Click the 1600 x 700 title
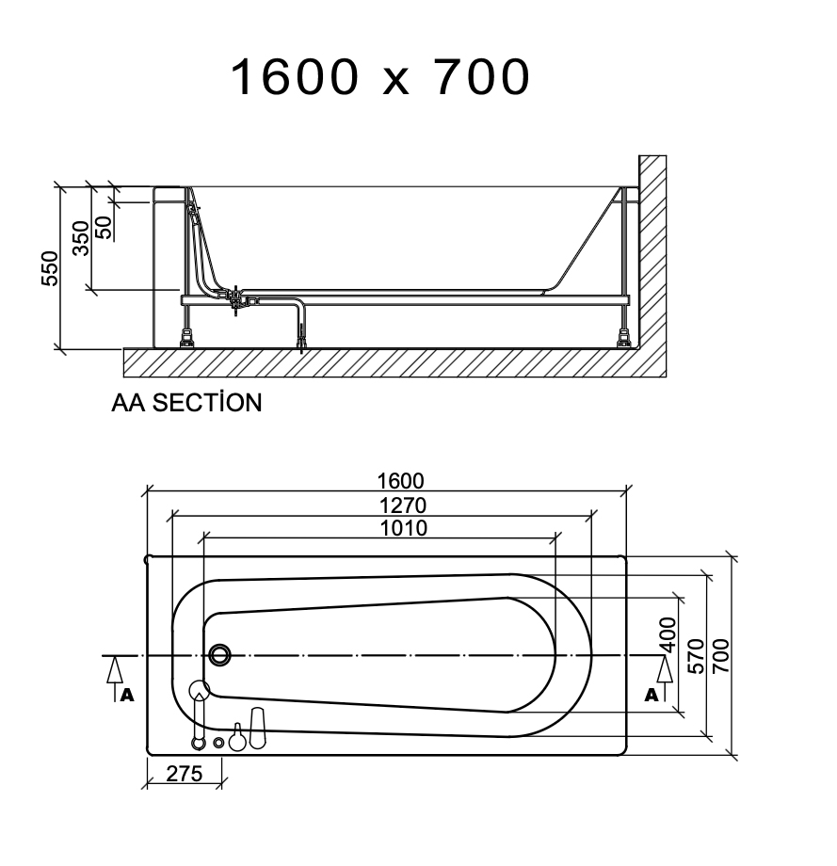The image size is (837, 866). (380, 77)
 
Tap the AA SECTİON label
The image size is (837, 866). (186, 403)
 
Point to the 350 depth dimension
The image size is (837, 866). (81, 237)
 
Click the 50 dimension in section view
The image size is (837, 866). (104, 226)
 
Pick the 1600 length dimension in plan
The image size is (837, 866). (403, 480)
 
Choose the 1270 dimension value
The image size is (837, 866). (403, 505)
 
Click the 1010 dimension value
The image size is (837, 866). (403, 528)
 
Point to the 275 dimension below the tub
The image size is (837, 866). (185, 773)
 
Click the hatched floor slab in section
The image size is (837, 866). (377, 363)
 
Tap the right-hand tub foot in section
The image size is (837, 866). (623, 336)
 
